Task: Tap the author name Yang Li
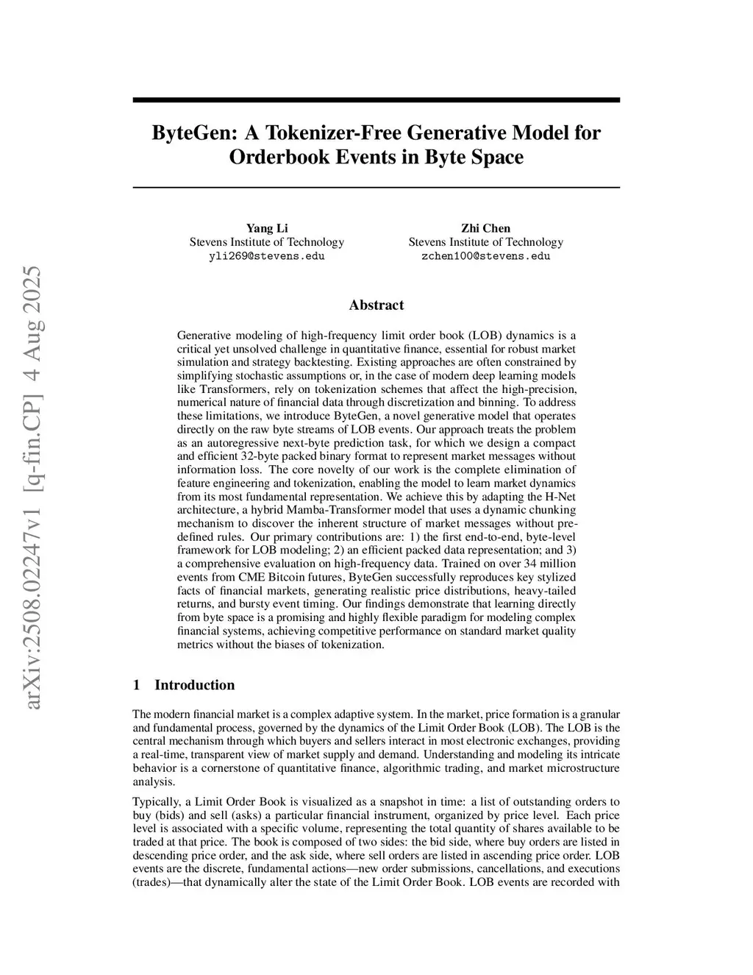click(x=266, y=228)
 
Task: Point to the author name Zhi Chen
click(x=485, y=228)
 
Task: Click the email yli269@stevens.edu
click(x=266, y=256)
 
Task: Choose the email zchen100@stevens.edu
click(x=485, y=256)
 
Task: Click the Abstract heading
click(x=376, y=305)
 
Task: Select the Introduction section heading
click(x=194, y=685)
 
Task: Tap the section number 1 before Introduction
click(x=136, y=685)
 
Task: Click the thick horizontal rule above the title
click(x=376, y=100)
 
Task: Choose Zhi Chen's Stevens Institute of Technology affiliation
click(x=485, y=242)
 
